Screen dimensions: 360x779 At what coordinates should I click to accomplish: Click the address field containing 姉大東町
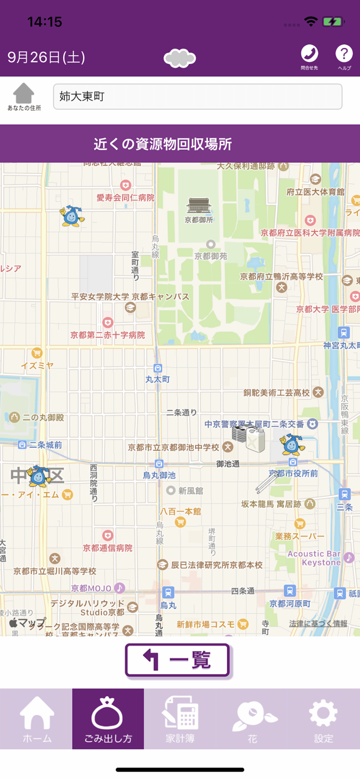click(x=197, y=97)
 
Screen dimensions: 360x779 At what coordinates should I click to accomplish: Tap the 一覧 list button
click(x=177, y=660)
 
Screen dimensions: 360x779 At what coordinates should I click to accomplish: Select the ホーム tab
click(x=36, y=719)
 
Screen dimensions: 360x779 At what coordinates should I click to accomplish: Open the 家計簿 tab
click(x=180, y=719)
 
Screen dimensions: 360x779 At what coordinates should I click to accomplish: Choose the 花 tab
click(x=252, y=719)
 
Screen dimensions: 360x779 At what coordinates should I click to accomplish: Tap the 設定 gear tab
click(x=323, y=719)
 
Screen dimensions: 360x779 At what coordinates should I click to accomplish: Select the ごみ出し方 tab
click(x=108, y=719)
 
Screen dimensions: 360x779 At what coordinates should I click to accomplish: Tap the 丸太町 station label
click(x=158, y=379)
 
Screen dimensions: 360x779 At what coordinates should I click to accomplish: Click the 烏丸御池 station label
click(x=159, y=475)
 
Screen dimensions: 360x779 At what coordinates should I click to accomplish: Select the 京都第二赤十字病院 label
click(x=108, y=335)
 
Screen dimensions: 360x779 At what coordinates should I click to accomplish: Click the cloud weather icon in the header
click(x=180, y=58)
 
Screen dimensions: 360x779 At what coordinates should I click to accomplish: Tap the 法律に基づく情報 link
click(x=318, y=623)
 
